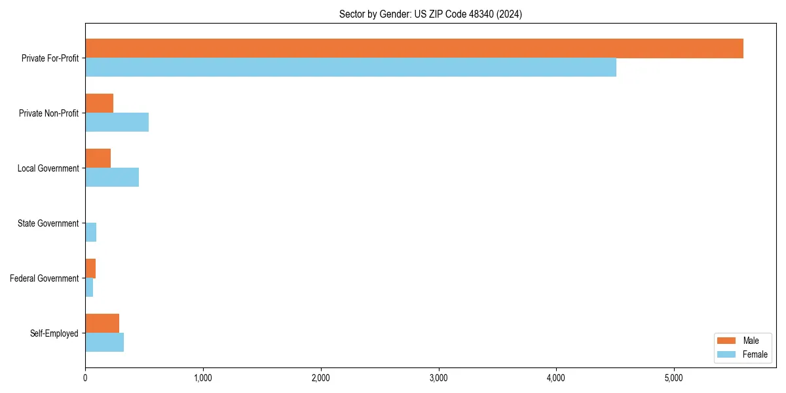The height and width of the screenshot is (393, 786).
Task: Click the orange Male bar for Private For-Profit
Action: tap(414, 48)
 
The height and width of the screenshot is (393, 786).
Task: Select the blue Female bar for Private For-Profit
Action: tap(350, 67)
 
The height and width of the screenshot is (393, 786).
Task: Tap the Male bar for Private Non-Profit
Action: tap(99, 103)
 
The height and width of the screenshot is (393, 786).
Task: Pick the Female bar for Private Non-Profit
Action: tap(117, 122)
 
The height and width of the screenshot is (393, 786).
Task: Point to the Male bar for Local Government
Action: tap(98, 159)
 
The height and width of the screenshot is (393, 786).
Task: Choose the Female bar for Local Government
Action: tap(112, 178)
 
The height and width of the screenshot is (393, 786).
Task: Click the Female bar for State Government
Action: tap(90, 233)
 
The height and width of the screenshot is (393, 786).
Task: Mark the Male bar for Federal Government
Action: tap(90, 269)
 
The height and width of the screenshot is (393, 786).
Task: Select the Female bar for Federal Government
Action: tap(89, 288)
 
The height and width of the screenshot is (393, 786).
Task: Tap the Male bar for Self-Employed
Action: tap(102, 324)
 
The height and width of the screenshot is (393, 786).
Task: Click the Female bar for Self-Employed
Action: tap(104, 343)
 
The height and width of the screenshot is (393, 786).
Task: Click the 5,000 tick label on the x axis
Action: tap(673, 378)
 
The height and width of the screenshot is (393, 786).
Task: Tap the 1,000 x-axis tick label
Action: tap(202, 378)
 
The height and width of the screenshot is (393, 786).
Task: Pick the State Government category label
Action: tap(48, 223)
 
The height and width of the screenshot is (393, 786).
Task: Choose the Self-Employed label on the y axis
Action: tap(54, 333)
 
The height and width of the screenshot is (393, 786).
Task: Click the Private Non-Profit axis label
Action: tap(48, 113)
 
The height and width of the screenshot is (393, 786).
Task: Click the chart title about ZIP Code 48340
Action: tap(430, 14)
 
